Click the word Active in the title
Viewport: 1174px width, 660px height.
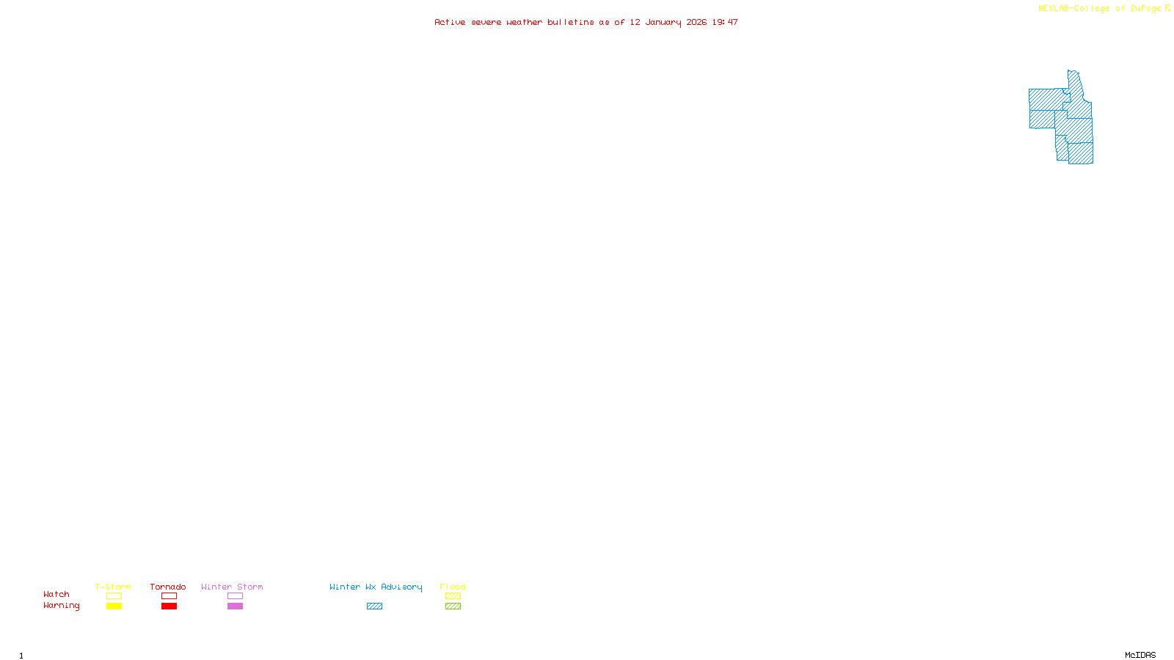[x=449, y=22]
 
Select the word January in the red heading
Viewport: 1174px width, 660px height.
[x=663, y=22]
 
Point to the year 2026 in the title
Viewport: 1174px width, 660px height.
[x=696, y=22]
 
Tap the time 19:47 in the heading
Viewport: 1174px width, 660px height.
[x=725, y=22]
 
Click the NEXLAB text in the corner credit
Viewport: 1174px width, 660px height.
[x=1054, y=9]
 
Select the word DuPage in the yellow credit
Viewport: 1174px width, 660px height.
[x=1145, y=9]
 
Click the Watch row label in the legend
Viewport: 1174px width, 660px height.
[x=56, y=595]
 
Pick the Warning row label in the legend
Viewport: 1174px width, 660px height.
[x=61, y=606]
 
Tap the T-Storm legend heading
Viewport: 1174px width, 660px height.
[x=113, y=587]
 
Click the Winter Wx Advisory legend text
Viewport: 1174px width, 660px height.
[x=376, y=587]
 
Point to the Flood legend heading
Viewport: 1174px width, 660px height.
[x=453, y=587]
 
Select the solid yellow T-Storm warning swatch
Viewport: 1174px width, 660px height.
[x=114, y=606]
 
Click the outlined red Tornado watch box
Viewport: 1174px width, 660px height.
[x=169, y=596]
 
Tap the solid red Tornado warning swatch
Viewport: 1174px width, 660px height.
[x=169, y=606]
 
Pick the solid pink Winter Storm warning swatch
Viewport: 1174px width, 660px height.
[x=235, y=606]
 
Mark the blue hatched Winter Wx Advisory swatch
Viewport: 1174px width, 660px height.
[x=374, y=606]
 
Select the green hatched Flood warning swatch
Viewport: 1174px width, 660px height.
[x=453, y=606]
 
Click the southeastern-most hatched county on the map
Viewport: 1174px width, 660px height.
[x=1081, y=153]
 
